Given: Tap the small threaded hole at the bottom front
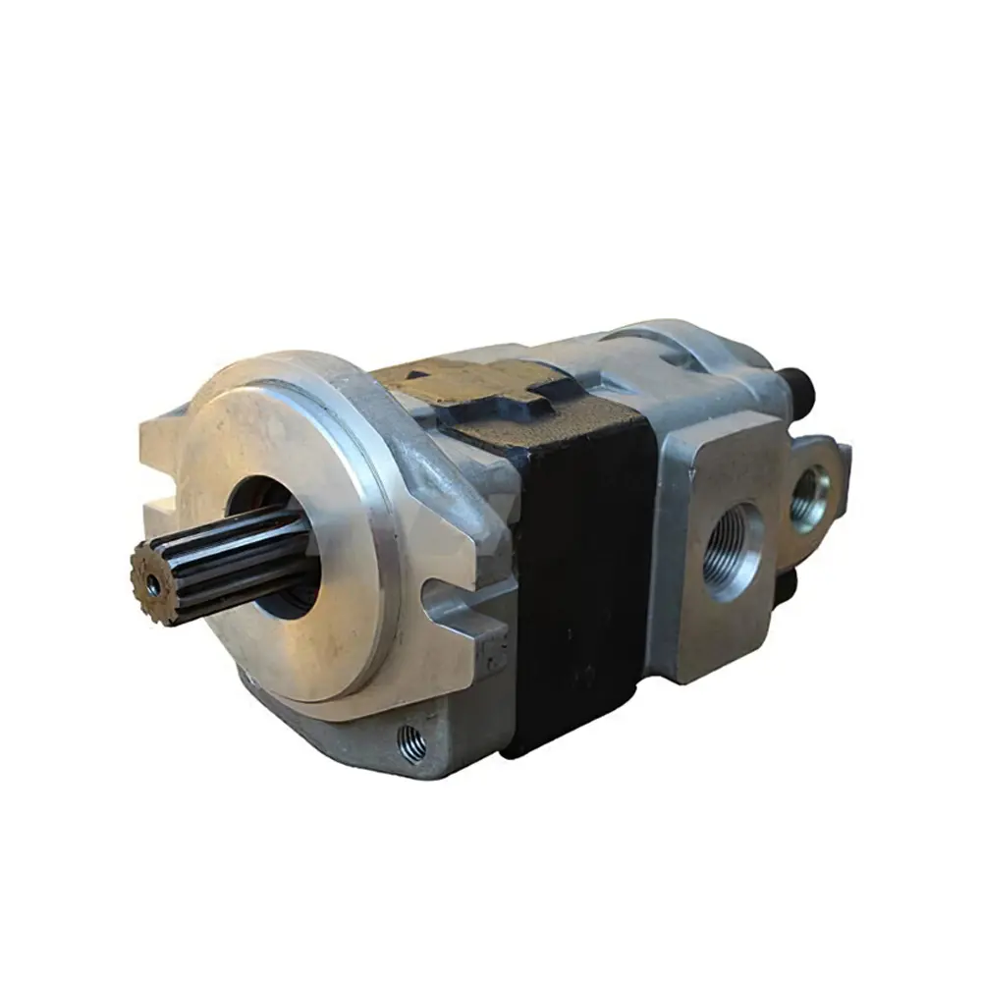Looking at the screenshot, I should tap(413, 744).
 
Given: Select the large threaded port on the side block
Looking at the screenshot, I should tap(732, 551).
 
